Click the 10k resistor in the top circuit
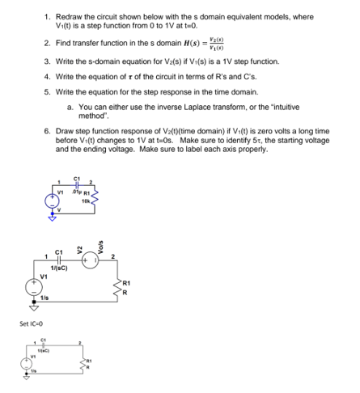point(95,199)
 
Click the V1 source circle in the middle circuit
point(33,293)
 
